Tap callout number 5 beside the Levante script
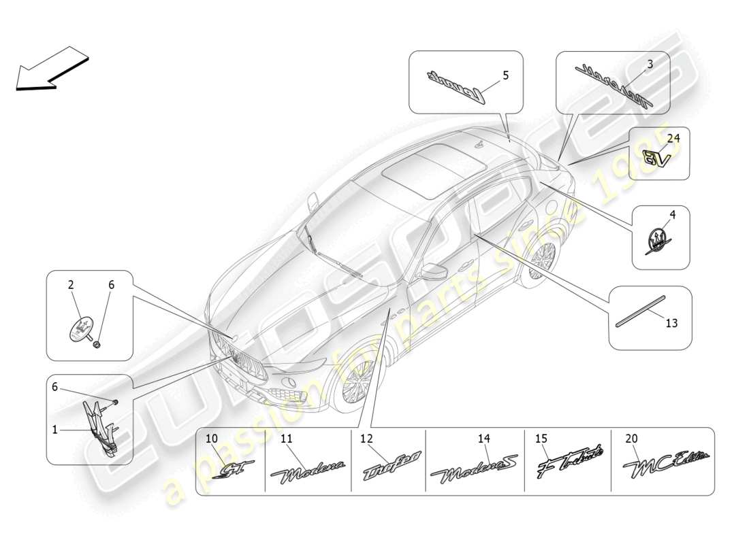505,75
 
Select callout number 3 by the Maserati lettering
650,65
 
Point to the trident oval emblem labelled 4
658,241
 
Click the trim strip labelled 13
639,312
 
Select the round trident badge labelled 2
82,329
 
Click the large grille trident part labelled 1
100,426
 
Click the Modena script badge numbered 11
308,470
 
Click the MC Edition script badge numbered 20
666,464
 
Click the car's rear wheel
542,262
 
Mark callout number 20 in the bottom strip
631,439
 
